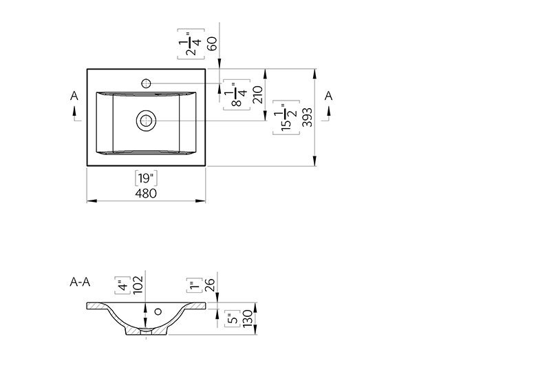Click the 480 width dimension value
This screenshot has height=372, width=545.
coord(146,194)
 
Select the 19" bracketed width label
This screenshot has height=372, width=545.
coord(146,178)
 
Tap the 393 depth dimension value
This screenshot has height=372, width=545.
coord(308,117)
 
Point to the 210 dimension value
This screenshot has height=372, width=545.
coord(258,94)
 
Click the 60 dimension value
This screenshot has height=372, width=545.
coord(212,44)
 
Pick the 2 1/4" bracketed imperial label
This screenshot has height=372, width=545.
coord(191,44)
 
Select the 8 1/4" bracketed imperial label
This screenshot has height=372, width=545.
coord(237,94)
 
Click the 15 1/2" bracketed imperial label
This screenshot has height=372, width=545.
coord(286,117)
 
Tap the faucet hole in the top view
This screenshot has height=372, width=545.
coord(146,83)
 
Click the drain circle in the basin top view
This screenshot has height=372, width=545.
coord(146,121)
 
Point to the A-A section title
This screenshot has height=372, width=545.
coord(80,282)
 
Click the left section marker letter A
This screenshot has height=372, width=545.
coord(74,96)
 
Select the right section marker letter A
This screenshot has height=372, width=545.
coord(328,96)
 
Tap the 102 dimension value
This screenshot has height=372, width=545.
coord(138,285)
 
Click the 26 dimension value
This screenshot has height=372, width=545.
coord(210,285)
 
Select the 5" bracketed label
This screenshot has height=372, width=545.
coord(233,318)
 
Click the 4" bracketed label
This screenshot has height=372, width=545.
coord(122,285)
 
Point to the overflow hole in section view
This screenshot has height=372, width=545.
coord(158,311)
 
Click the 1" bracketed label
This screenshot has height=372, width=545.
coord(195,285)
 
